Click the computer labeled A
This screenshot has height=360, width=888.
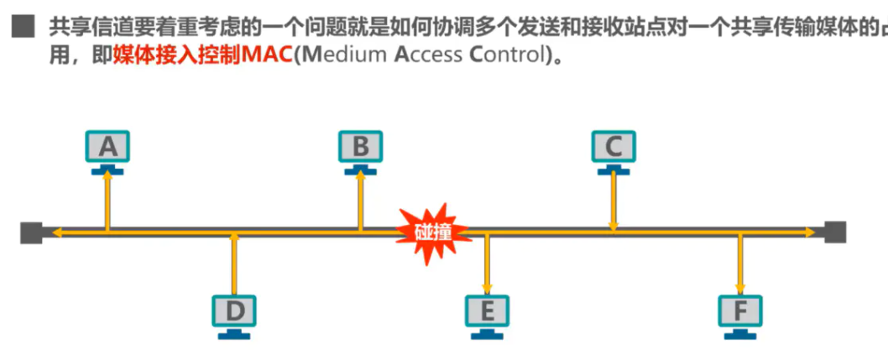coord(107,149)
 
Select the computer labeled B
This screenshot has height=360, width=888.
coord(360,149)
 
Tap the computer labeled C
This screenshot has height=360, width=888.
coord(614,149)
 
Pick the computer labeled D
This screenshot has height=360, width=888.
coord(234,313)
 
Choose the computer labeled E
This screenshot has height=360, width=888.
coord(487,313)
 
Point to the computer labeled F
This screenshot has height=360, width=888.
coord(740,313)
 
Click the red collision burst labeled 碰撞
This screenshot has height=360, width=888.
coord(431,228)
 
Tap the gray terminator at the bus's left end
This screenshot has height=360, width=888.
coord(31,232)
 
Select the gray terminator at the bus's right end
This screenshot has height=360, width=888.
coord(835,232)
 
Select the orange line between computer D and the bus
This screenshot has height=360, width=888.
coord(234,263)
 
